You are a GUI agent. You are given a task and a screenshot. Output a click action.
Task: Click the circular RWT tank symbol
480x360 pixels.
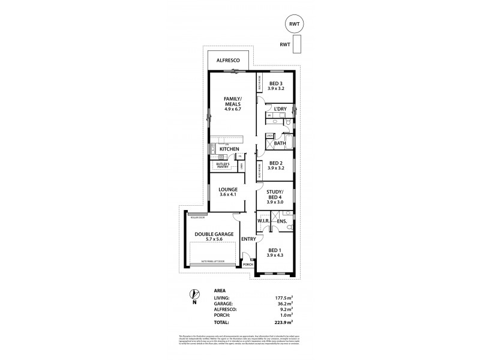tap(293, 25)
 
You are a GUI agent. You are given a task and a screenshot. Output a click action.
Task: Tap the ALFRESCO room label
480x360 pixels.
tap(229, 61)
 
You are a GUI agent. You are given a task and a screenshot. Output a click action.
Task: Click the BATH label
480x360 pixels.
tap(280, 143)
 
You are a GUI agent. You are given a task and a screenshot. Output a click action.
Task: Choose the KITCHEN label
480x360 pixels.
tap(229, 149)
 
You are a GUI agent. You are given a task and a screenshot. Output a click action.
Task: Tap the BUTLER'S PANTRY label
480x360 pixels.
tap(220, 165)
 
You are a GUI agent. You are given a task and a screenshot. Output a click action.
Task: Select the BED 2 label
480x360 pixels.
tap(276, 163)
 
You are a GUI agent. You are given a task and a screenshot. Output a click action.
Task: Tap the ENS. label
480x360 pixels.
tap(282, 221)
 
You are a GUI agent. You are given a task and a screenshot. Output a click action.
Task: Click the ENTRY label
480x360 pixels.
tap(248, 239)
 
